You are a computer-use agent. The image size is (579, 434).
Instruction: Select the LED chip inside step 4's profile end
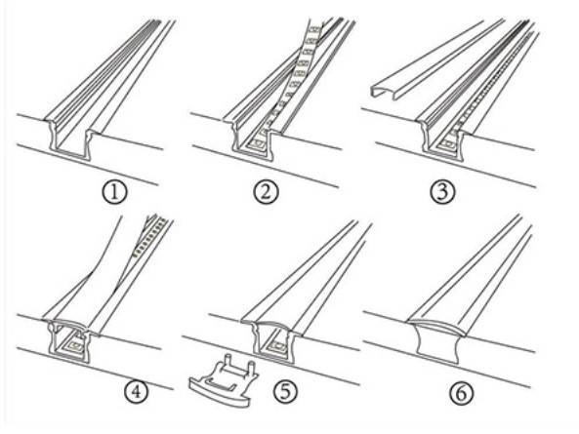(x=71, y=343)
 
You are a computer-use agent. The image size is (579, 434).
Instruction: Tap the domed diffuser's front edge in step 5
(x=266, y=323)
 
